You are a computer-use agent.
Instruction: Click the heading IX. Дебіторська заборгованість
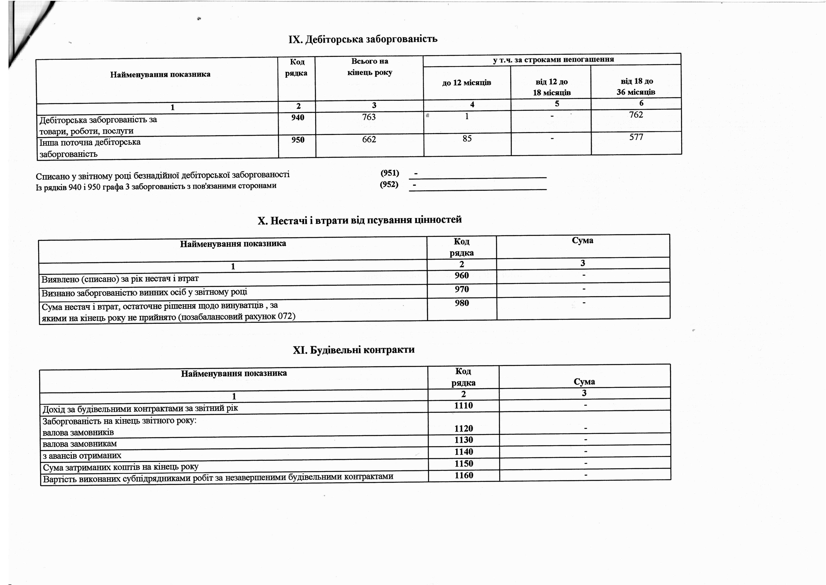363,39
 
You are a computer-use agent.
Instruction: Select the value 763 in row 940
369,117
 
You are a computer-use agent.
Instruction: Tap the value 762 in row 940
636,114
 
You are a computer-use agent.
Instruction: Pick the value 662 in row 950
369,139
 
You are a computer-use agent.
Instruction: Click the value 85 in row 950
467,138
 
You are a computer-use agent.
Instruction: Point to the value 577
636,137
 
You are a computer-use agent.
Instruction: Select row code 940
298,118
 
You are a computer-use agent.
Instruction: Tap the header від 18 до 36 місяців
636,86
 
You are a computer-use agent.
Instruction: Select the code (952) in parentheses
389,184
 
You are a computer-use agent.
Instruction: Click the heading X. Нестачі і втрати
359,220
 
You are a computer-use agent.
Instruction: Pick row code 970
462,289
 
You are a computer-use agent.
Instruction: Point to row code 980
462,303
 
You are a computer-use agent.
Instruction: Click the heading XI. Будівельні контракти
354,350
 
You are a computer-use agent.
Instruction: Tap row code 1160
464,476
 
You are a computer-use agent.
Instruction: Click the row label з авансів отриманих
82,456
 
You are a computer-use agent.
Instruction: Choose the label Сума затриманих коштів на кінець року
120,467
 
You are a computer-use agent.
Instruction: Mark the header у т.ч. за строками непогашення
553,59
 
